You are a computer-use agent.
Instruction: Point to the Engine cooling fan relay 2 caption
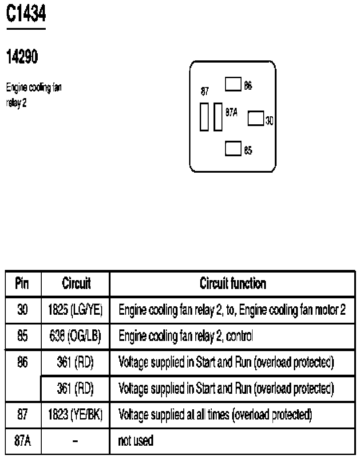pos(34,92)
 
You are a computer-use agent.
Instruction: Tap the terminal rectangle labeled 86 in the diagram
pos(233,84)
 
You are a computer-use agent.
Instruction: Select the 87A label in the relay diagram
pos(231,113)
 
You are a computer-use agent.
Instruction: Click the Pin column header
pos(23,283)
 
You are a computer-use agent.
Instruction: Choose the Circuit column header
pos(76,283)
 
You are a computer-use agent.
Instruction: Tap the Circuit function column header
pos(233,283)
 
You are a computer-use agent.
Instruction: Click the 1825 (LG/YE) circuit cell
pos(76,310)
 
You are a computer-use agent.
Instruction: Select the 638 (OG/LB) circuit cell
pos(76,336)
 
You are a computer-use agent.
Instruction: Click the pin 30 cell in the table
pos(23,310)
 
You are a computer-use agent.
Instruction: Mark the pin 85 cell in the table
pos(23,336)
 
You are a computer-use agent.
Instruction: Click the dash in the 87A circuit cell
pos(76,441)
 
